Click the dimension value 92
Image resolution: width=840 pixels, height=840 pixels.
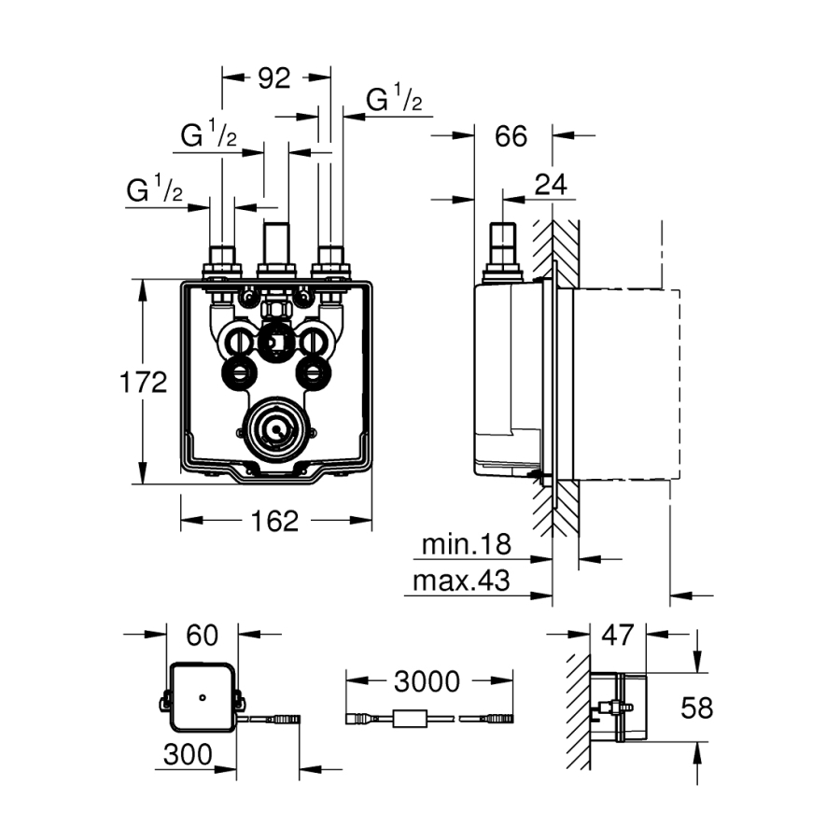click(x=274, y=79)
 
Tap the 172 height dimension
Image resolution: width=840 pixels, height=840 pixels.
click(x=143, y=382)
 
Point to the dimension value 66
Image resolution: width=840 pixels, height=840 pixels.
click(x=511, y=136)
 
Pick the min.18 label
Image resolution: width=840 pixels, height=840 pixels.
click(x=468, y=544)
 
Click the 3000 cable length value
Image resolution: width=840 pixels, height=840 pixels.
click(x=427, y=681)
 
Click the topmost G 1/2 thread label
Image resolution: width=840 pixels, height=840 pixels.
click(x=394, y=100)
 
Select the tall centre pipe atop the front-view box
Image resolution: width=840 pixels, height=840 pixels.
click(x=275, y=245)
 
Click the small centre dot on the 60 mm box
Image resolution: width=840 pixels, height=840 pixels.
click(x=202, y=698)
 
